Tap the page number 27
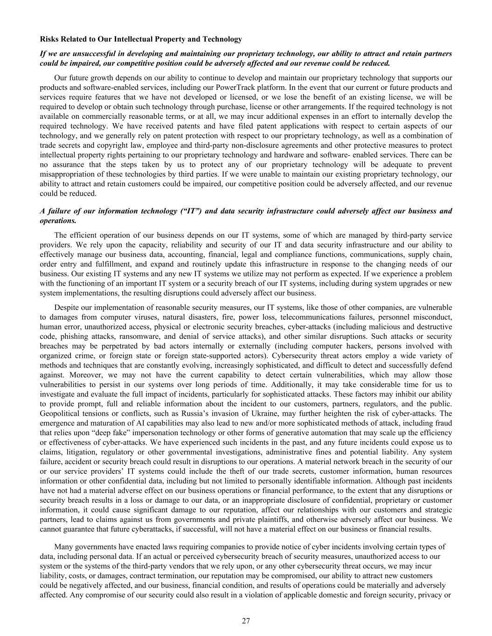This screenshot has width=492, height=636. pyautogui.click(x=246, y=621)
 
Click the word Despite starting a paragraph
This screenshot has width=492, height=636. pyautogui.click(x=67, y=308)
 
